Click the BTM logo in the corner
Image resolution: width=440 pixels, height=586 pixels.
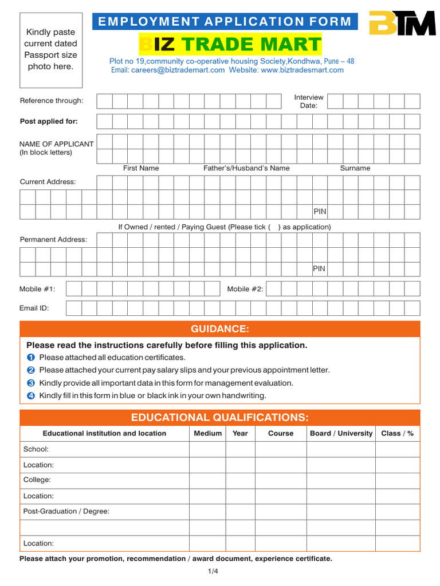tap(402, 23)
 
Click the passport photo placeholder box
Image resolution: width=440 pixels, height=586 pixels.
tap(50, 50)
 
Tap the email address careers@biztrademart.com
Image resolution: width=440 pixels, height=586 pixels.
tap(178, 70)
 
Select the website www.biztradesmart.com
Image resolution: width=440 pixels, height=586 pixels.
tap(302, 70)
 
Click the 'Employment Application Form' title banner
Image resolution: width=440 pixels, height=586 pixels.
tap(225, 22)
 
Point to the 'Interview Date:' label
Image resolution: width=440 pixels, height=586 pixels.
tap(309, 101)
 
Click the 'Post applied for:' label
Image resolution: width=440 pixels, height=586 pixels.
tap(49, 121)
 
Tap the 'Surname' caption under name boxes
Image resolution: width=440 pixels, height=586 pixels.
tap(355, 168)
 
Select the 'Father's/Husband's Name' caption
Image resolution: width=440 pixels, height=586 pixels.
tap(246, 168)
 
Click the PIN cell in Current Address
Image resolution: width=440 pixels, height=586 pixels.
tap(320, 212)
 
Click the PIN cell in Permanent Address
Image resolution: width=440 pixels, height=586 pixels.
tap(320, 269)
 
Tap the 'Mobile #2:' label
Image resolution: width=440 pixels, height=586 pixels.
tap(245, 289)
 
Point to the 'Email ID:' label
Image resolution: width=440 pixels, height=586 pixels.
tap(34, 308)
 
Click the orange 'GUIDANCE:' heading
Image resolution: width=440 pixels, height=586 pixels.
tap(220, 329)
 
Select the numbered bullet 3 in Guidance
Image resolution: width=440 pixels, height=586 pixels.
tap(31, 383)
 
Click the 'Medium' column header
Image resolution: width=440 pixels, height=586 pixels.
tap(207, 433)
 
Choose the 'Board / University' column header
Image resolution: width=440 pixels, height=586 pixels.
tap(341, 433)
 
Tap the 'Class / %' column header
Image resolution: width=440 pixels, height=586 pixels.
tap(397, 433)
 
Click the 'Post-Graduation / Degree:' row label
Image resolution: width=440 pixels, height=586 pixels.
tap(66, 511)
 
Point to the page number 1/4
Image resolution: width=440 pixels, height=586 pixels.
tap(213, 572)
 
